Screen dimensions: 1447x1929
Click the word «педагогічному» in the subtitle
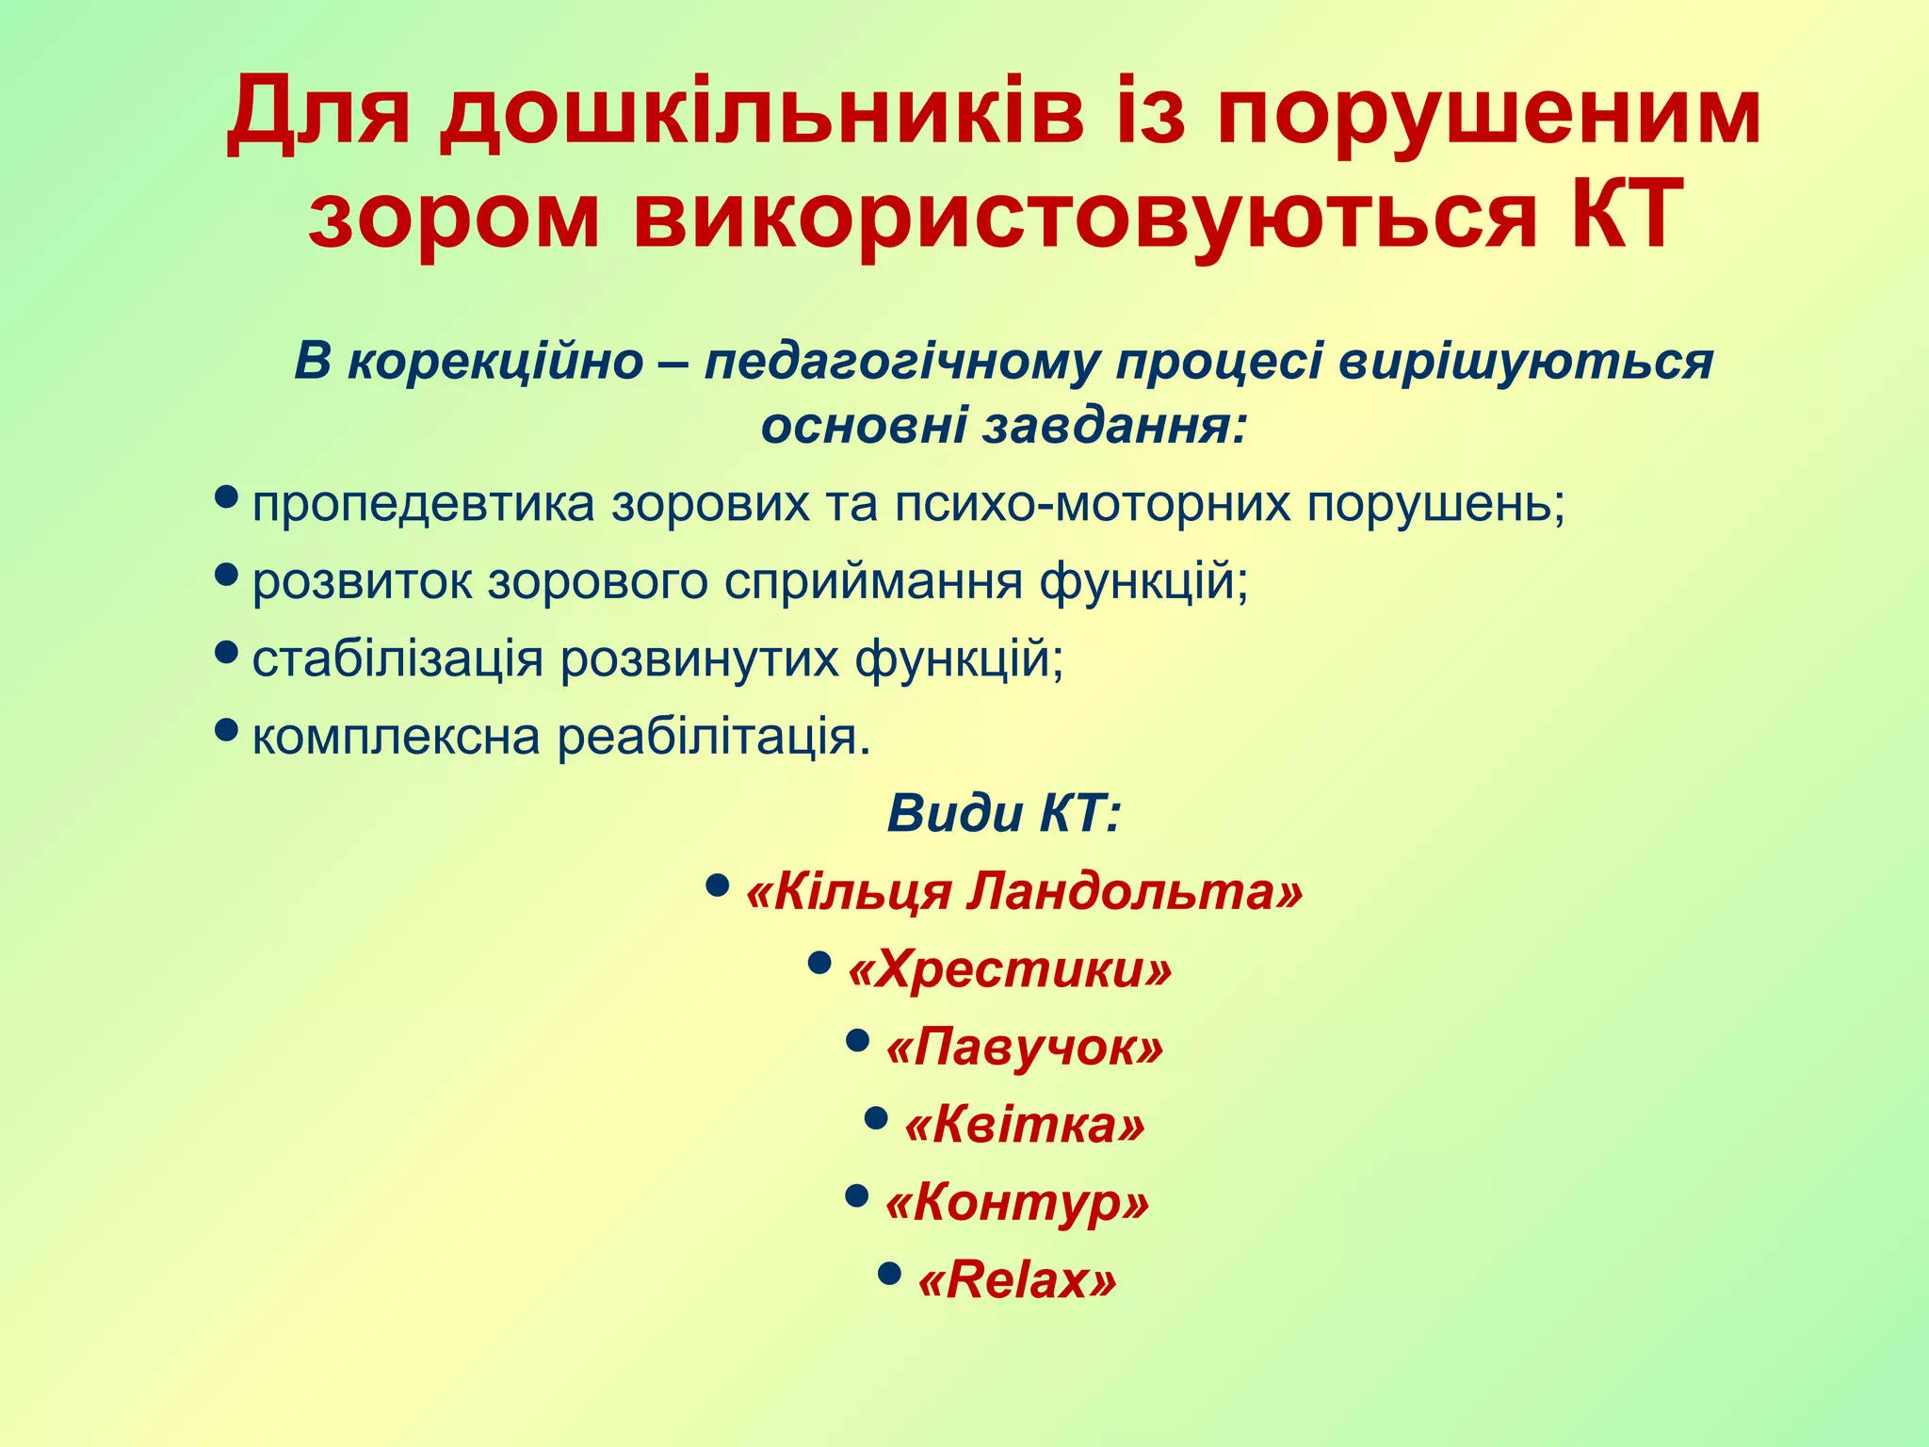pos(901,363)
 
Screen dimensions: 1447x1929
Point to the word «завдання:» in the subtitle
pos(1115,426)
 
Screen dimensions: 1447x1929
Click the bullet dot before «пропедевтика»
pos(226,496)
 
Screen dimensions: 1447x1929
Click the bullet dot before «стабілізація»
pos(226,651)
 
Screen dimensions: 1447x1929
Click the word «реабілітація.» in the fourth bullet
pos(714,737)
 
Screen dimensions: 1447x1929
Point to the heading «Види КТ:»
pos(1003,813)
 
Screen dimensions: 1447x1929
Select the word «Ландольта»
pos(1134,891)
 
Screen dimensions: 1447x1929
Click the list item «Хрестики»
pos(1010,969)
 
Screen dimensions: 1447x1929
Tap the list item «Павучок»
pos(1025,1047)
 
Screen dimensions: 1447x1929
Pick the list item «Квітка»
pos(1025,1125)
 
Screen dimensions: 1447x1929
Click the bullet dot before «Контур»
pos(856,1196)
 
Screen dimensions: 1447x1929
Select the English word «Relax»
pos(1017,1280)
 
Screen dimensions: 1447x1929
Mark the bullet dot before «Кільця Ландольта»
pos(717,885)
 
